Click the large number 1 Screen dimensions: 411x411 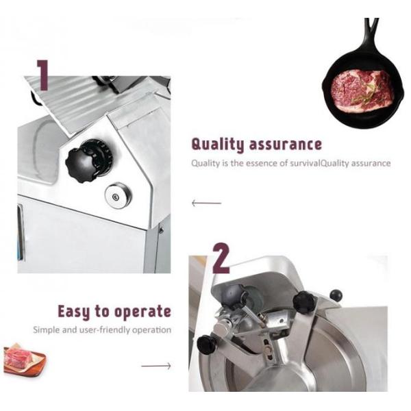pos(43,75)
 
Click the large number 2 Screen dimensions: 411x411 pos(221,258)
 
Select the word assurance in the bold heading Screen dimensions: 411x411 pos(285,145)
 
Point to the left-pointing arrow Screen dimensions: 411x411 pos(207,203)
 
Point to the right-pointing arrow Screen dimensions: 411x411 pos(156,366)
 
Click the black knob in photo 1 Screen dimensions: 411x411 pos(88,161)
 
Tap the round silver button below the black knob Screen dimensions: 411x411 pos(118,195)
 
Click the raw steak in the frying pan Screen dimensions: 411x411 pos(361,88)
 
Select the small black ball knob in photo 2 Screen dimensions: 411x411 pos(336,295)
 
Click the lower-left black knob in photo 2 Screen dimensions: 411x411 pos(208,345)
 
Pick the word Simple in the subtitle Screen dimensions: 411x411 pos(47,329)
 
